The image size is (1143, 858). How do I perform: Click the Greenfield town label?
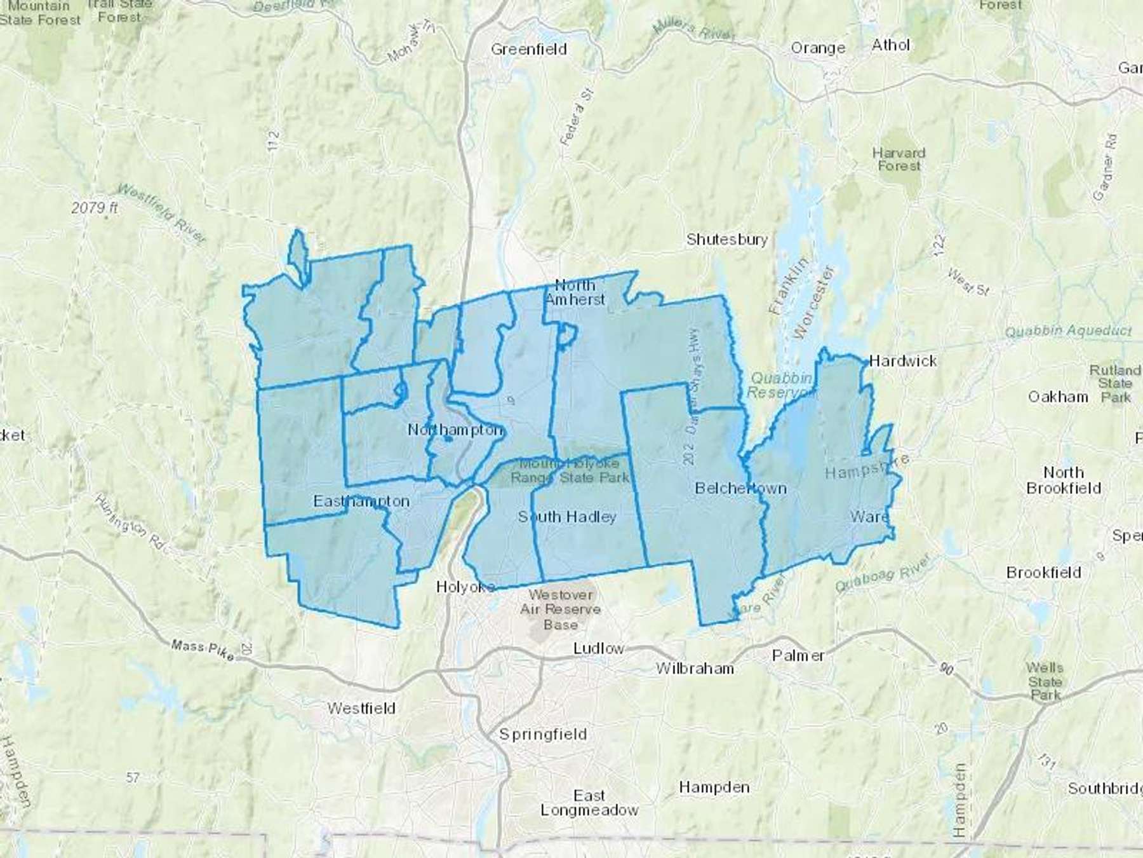click(x=528, y=49)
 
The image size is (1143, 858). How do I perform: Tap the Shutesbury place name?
click(x=726, y=240)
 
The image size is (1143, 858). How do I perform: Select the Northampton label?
click(x=455, y=430)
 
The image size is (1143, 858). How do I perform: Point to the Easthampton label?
click(x=361, y=501)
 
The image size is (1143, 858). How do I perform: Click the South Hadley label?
click(x=567, y=517)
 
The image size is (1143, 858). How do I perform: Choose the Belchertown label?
click(x=740, y=488)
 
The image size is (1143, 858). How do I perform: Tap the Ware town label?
click(x=869, y=517)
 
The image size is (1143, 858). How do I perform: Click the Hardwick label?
click(x=902, y=361)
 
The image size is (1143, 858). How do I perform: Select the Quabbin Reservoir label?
click(x=780, y=385)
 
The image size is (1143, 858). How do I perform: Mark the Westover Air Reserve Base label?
click(x=560, y=609)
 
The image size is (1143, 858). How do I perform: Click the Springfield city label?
click(x=542, y=735)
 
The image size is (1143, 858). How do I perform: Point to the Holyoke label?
click(x=465, y=587)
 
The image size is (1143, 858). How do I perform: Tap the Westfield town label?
click(x=361, y=708)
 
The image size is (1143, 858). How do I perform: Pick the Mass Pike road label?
click(x=202, y=648)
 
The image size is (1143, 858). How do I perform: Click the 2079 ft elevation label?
click(x=94, y=208)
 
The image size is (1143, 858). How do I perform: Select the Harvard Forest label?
click(x=899, y=160)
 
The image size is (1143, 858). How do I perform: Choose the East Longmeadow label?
click(x=589, y=803)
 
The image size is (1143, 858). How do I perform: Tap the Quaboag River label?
click(x=883, y=573)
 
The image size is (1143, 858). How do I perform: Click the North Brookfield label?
click(x=1063, y=480)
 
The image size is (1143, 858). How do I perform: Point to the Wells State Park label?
click(x=1045, y=681)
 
